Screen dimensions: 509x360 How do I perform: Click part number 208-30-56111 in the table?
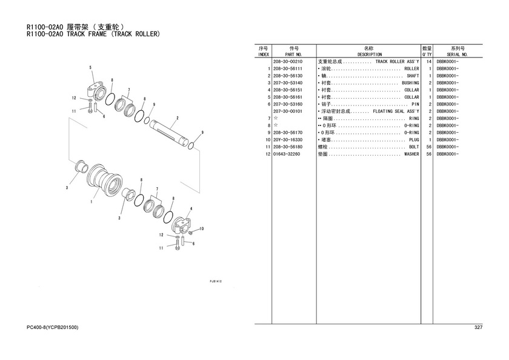(288, 69)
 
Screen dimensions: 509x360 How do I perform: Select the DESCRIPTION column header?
(370, 55)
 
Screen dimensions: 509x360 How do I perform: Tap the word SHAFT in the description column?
(413, 76)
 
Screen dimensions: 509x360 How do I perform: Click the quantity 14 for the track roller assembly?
(429, 62)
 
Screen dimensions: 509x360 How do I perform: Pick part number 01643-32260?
(286, 154)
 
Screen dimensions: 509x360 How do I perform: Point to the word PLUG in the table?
(414, 140)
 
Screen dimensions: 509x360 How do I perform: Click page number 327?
(478, 327)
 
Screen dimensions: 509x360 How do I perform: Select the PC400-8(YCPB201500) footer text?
(52, 327)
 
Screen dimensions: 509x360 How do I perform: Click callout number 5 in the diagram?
(90, 67)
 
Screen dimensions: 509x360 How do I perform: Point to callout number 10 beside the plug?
(201, 229)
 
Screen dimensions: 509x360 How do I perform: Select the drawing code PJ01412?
(216, 281)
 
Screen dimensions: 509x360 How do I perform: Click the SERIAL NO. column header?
(457, 55)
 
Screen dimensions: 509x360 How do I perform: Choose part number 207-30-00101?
(288, 112)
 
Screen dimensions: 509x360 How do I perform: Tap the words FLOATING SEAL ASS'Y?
(396, 112)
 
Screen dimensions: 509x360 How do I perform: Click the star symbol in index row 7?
(276, 119)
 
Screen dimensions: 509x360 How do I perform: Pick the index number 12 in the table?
(268, 154)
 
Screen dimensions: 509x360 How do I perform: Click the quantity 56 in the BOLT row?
(429, 147)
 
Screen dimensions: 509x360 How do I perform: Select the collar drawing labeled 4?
(182, 225)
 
